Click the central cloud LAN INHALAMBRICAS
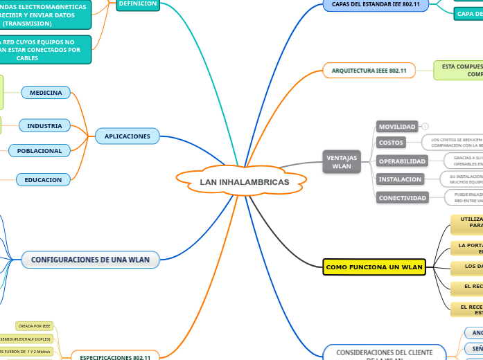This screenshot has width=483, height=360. click(x=244, y=181)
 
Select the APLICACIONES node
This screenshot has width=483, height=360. click(x=128, y=136)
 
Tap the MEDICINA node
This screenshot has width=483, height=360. click(x=46, y=92)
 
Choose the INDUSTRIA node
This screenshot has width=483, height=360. click(x=44, y=126)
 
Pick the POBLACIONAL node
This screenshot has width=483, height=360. click(x=39, y=150)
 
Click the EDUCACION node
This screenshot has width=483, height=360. click(x=43, y=180)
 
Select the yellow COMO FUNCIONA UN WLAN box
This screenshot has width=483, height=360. click(x=374, y=267)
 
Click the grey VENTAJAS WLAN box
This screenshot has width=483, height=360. click(x=342, y=162)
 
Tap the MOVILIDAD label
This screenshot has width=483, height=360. click(x=397, y=127)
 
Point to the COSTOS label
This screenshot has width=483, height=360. click(x=391, y=143)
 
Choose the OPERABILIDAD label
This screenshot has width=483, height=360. click(x=402, y=161)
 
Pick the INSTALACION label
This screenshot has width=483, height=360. click(x=400, y=179)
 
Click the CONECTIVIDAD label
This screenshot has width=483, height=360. click(x=402, y=198)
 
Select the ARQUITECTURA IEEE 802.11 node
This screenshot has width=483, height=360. click(x=369, y=71)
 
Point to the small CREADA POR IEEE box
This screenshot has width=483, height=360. click(x=35, y=325)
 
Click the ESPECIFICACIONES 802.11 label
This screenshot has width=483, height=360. click(x=115, y=357)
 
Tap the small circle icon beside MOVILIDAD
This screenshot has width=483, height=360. click(x=425, y=127)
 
